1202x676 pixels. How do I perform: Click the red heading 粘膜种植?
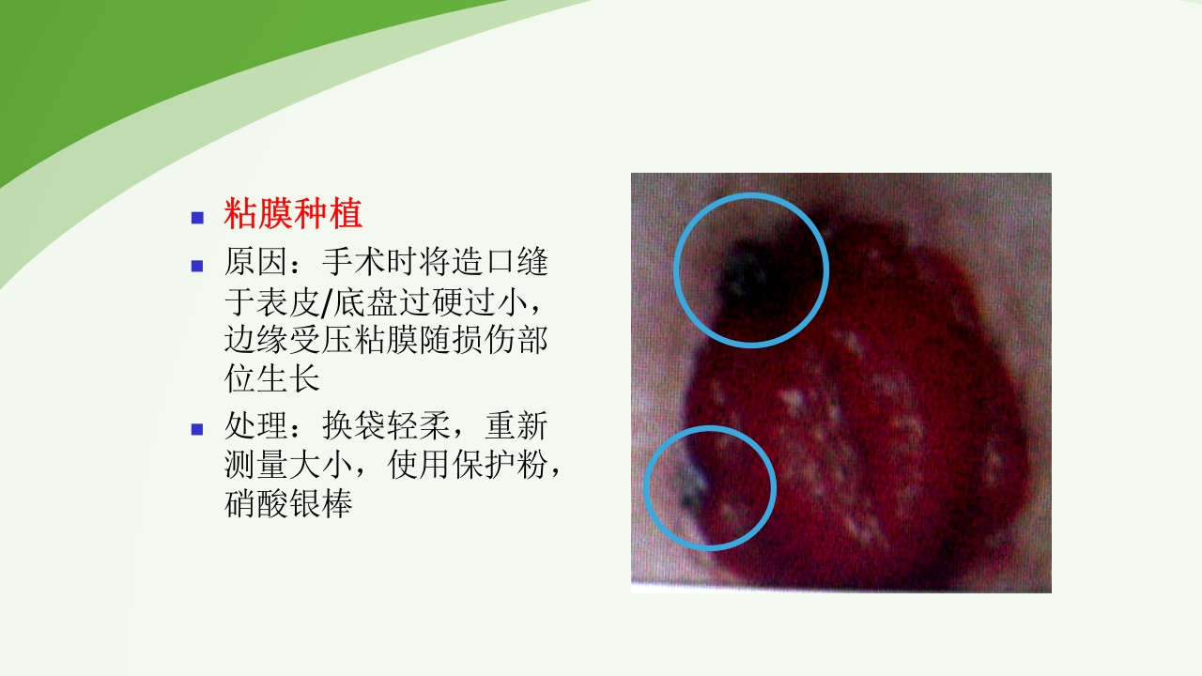(293, 215)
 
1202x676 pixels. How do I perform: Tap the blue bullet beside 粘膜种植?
(197, 218)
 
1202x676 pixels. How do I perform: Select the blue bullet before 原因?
(197, 265)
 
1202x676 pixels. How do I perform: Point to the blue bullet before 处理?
(197, 429)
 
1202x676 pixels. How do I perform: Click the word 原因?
(255, 263)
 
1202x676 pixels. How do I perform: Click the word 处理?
(255, 427)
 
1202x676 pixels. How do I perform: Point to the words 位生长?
(272, 378)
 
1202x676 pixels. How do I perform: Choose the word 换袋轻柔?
(385, 427)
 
